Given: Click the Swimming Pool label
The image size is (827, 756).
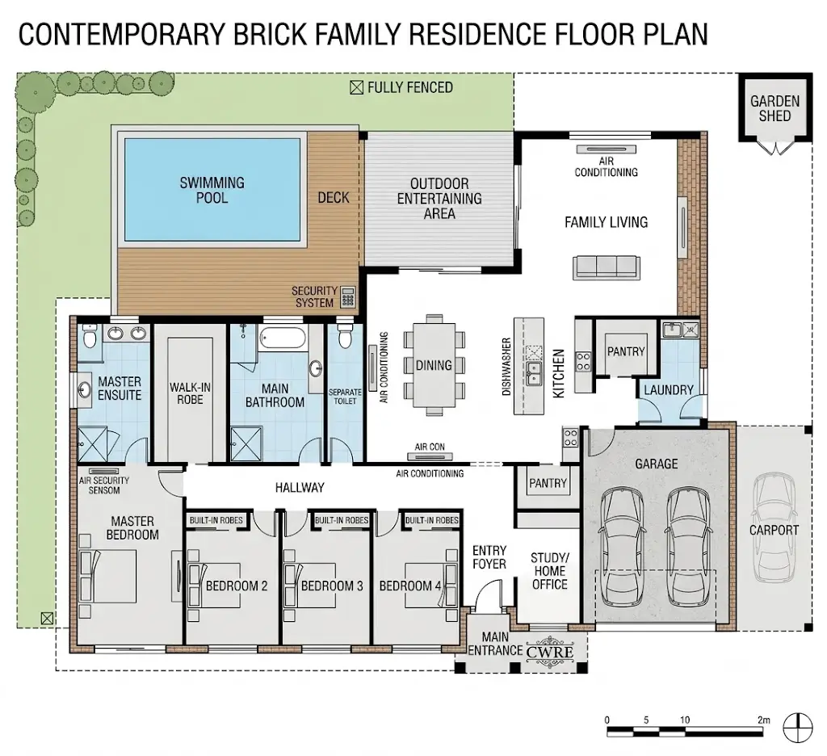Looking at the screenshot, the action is click(x=212, y=191).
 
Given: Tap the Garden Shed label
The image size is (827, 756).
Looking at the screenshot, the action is click(x=775, y=108).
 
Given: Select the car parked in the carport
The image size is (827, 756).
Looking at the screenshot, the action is click(x=774, y=527).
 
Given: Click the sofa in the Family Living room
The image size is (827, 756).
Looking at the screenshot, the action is click(x=607, y=267).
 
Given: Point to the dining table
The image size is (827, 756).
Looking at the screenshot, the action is click(x=434, y=365).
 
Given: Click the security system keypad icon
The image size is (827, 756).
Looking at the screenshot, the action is click(x=347, y=297).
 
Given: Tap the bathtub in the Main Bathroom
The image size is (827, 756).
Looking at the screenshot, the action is click(x=283, y=338).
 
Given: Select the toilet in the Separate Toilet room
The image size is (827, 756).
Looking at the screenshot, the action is click(x=345, y=336).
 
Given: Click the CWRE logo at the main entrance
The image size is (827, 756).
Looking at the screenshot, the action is click(x=549, y=653).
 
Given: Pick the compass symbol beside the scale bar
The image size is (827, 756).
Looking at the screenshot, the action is click(x=797, y=728).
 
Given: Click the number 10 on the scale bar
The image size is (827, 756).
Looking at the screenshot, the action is click(x=685, y=720).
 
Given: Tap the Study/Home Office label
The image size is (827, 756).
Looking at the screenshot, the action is click(x=549, y=571).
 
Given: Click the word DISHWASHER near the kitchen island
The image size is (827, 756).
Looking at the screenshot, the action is click(x=506, y=366).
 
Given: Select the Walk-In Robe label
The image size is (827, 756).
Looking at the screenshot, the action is click(x=190, y=393).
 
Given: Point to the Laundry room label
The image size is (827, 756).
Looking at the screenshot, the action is click(x=668, y=390).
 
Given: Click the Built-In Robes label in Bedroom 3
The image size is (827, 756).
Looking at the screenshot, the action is click(x=342, y=520).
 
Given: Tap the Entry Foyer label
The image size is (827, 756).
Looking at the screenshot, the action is click(x=489, y=557).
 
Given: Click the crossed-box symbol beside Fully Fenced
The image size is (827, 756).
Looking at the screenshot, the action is click(x=356, y=87).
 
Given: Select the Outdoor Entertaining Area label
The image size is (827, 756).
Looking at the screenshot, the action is click(x=439, y=199).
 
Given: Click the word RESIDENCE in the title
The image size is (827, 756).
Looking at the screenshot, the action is click(x=477, y=34).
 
